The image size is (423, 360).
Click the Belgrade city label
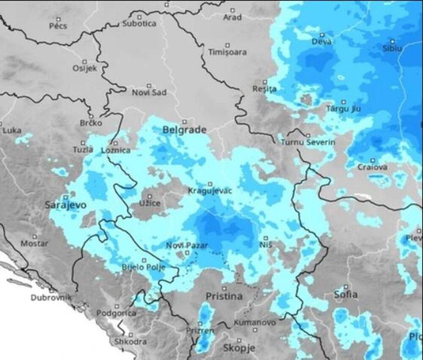(184, 130)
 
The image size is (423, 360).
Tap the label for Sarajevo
(66, 206)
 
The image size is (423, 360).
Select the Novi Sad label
(149, 93)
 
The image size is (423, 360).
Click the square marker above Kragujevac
(210, 184)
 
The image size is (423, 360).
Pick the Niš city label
(266, 245)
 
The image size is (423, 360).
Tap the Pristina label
(224, 297)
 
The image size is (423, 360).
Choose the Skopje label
(239, 349)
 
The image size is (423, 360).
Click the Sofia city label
(346, 294)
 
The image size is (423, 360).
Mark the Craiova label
(372, 168)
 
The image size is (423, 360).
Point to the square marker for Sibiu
(393, 41)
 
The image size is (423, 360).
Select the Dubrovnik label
(51, 298)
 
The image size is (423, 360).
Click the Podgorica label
(116, 313)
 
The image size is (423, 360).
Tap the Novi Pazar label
(182, 246)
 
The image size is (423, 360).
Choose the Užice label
(150, 204)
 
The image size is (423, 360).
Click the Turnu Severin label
(308, 142)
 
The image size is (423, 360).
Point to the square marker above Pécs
(58, 19)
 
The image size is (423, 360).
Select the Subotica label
(139, 24)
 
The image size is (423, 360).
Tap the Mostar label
(34, 244)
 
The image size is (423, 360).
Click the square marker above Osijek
(85, 60)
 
